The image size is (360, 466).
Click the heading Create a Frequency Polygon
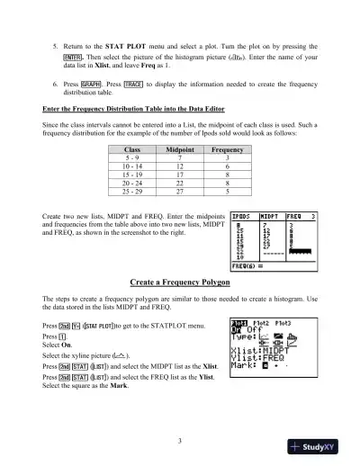tap(179, 282)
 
